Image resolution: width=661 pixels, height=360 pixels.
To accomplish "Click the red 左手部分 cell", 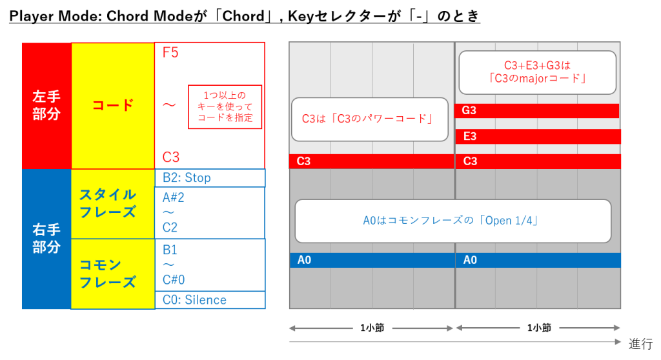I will tap(46, 105).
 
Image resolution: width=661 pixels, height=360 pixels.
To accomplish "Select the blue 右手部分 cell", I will tap(46, 239).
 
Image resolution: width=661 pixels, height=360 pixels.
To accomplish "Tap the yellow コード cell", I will tap(113, 105).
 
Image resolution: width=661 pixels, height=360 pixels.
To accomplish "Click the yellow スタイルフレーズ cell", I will tap(113, 203).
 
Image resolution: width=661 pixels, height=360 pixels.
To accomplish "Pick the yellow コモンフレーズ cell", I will tap(113, 273).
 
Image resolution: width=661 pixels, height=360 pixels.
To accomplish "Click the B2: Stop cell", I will tap(210, 177).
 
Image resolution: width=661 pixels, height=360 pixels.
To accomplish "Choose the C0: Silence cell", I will tap(210, 300).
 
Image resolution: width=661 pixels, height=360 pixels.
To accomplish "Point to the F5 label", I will tap(170, 53).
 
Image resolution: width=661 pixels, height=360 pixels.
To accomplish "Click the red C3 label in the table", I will tap(170, 157).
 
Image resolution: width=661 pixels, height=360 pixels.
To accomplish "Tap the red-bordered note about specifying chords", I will tap(225, 107).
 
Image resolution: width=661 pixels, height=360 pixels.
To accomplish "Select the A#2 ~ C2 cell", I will tap(210, 212).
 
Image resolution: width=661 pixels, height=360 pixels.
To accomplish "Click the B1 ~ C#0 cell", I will tap(210, 265).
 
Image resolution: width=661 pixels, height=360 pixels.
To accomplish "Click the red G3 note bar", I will tap(537, 111).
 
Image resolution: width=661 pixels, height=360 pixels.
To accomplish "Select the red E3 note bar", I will tap(538, 136).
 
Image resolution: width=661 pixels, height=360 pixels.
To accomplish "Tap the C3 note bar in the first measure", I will tap(372, 161).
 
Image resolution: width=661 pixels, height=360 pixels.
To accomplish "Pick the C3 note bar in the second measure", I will tap(538, 161).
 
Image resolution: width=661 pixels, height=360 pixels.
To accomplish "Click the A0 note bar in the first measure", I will tap(372, 260).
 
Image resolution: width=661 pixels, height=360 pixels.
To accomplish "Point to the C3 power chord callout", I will tap(369, 119).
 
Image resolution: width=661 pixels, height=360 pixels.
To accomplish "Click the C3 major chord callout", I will tap(537, 73).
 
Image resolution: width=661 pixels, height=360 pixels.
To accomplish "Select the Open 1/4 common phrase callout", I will tap(453, 221).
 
